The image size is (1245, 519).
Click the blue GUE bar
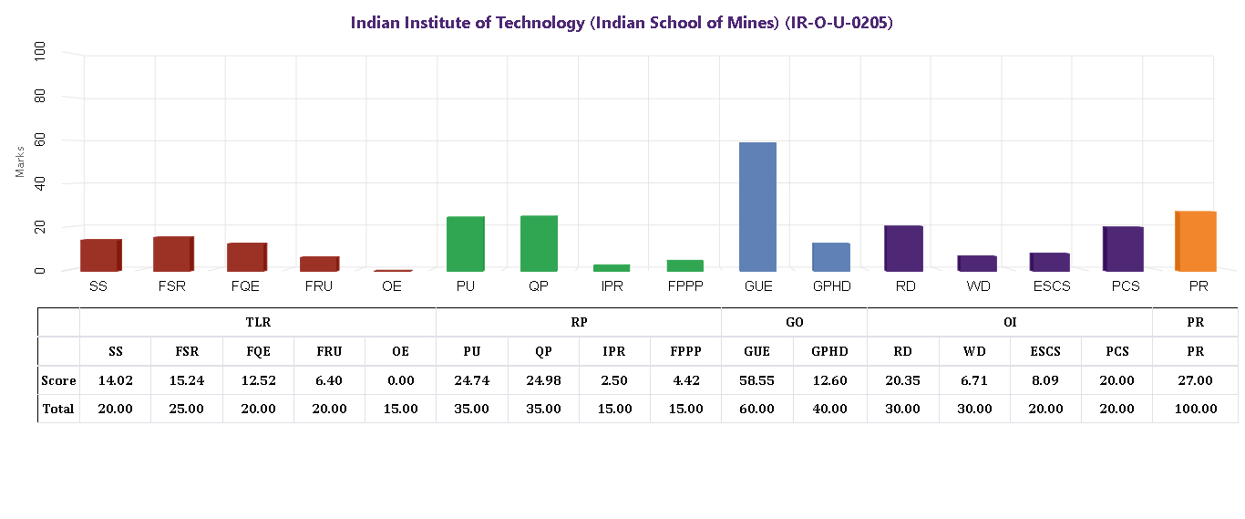click(x=757, y=207)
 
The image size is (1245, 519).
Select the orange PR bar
click(x=1195, y=241)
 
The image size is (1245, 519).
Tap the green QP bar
click(x=539, y=244)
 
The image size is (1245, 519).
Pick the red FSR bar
click(x=173, y=254)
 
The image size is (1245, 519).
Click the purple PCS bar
click(x=1123, y=248)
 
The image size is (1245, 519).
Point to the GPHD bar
click(x=830, y=256)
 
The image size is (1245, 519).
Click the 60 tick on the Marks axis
click(x=40, y=140)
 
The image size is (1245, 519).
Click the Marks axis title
click(x=20, y=161)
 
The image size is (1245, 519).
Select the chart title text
click(x=622, y=23)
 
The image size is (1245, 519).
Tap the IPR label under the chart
click(x=612, y=286)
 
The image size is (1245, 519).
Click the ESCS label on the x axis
click(x=1051, y=286)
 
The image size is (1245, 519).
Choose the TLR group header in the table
click(x=258, y=322)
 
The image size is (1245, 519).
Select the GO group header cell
click(x=794, y=322)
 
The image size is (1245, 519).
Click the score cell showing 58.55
click(x=756, y=380)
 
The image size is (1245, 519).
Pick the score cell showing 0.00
click(x=400, y=380)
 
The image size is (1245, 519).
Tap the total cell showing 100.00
click(x=1195, y=409)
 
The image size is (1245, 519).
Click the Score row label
click(x=58, y=380)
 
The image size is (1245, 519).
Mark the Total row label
click(x=58, y=409)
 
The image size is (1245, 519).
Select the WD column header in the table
click(x=974, y=351)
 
